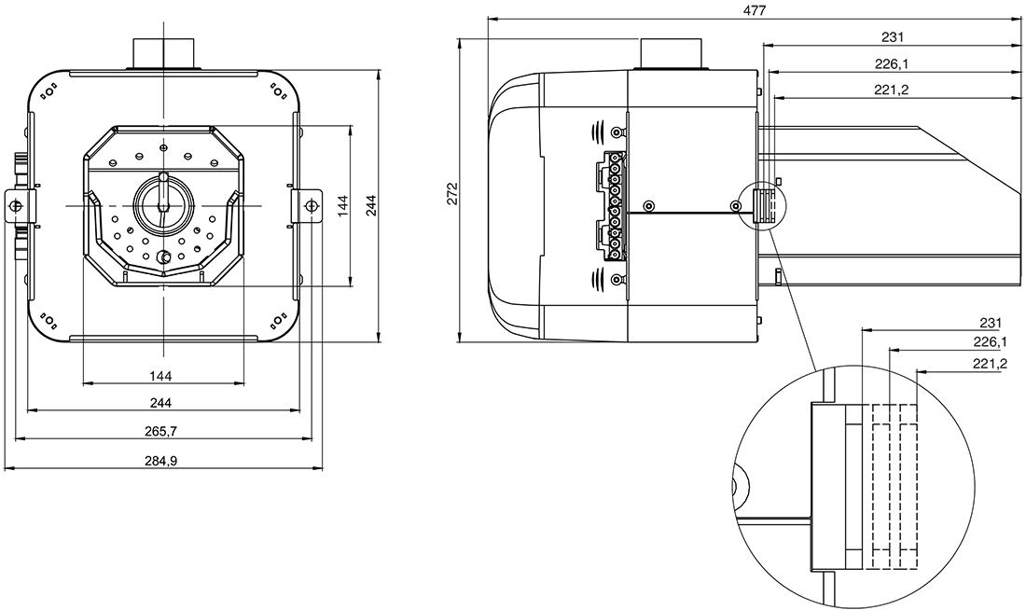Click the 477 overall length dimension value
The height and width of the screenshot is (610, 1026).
754,10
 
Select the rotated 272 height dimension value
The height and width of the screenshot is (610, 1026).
452,193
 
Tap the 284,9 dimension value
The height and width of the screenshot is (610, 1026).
162,460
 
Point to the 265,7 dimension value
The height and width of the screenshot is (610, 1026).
162,431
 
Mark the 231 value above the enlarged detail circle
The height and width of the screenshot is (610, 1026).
990,322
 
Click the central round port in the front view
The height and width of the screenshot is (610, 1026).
163,205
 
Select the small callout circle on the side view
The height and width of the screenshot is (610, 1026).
763,206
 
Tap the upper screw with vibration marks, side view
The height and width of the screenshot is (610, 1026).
616,132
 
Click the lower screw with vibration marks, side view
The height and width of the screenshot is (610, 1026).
616,279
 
